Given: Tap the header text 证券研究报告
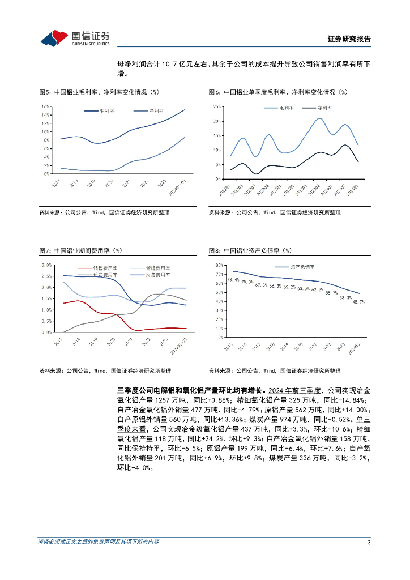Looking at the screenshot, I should (x=349, y=39).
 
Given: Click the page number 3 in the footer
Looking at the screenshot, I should (x=369, y=541).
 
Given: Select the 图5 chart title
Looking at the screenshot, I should (x=99, y=92).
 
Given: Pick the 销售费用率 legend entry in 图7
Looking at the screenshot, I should (x=105, y=267).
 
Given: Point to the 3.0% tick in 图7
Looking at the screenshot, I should (x=46, y=265).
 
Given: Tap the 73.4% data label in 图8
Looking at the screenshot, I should (x=232, y=279).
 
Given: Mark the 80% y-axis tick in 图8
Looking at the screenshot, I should (x=216, y=265).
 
